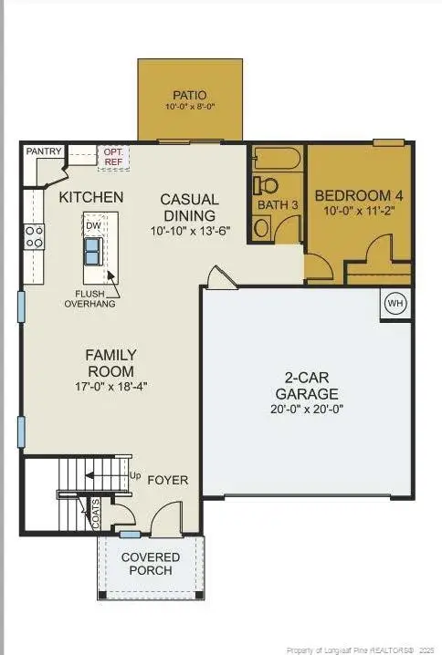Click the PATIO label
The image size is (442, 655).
click(x=190, y=95)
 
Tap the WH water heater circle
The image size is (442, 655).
click(x=395, y=303)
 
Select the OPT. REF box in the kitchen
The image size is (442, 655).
click(x=113, y=157)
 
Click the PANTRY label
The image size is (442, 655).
click(x=43, y=151)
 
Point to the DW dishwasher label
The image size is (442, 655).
click(x=93, y=224)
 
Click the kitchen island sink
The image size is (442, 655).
click(x=93, y=248)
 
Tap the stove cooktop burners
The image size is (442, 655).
click(x=34, y=237)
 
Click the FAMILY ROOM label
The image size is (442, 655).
click(x=110, y=363)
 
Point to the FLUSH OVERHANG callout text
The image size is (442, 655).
click(x=89, y=298)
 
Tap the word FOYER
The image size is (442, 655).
click(x=168, y=479)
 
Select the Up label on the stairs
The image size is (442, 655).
click(x=136, y=475)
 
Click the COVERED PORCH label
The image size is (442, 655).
click(x=151, y=564)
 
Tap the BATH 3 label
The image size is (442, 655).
click(x=278, y=205)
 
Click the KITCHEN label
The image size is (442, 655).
click(x=91, y=196)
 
